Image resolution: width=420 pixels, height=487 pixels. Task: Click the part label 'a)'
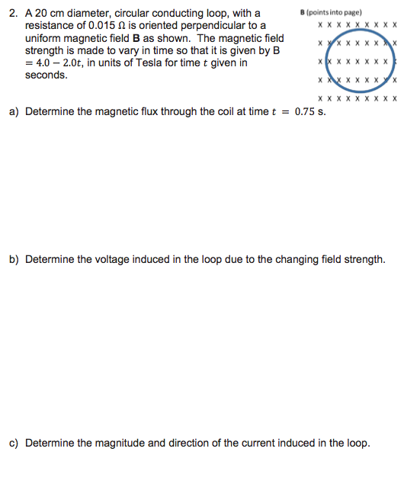pyautogui.click(x=14, y=111)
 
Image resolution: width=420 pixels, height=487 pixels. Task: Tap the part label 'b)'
pyautogui.click(x=14, y=259)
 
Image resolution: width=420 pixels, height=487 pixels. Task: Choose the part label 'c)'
pyautogui.click(x=14, y=443)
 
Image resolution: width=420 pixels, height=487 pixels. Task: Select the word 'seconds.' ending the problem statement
pyautogui.click(x=46, y=75)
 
